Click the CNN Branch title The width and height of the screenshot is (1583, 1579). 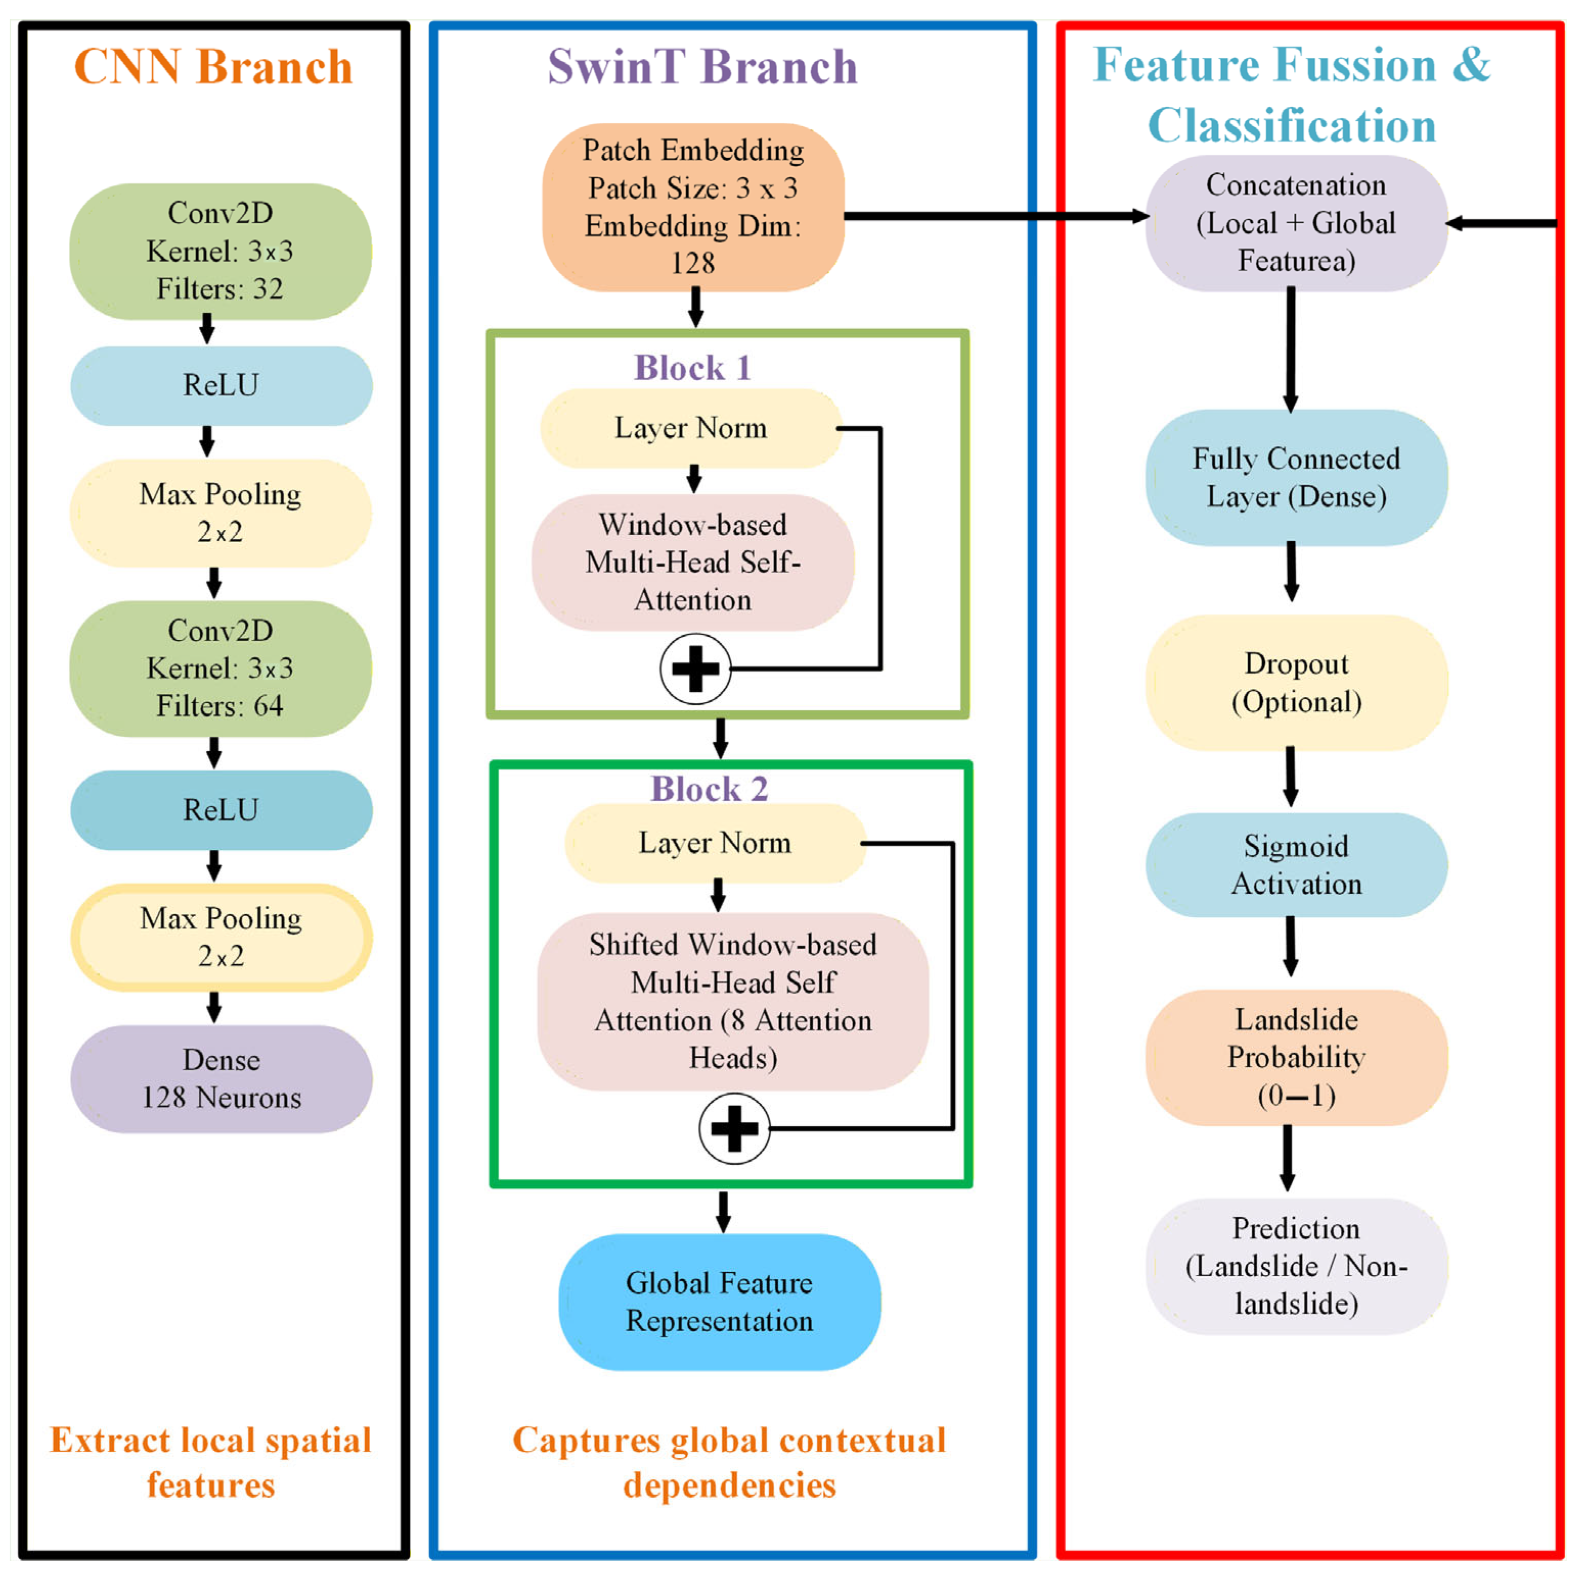point(213,66)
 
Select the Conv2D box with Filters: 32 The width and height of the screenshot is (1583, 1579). point(220,251)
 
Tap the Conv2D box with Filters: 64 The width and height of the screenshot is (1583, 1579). point(220,668)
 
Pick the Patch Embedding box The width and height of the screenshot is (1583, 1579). point(693,207)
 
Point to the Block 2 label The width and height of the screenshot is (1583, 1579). point(710,788)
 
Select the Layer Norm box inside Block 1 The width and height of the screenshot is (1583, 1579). point(691,428)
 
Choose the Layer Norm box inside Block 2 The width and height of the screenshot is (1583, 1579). point(715,843)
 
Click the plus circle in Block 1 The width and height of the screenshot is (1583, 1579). point(695,668)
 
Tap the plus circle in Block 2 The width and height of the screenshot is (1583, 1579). point(734,1128)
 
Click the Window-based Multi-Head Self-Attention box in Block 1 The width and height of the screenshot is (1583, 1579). point(693,562)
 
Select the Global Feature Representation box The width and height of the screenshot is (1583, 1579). point(719,1302)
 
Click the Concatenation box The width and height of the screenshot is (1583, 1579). point(1296,223)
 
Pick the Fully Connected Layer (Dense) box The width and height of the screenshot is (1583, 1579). point(1296,478)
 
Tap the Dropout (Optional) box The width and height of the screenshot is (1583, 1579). point(1296,683)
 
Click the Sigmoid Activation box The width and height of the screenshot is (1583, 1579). point(1296,865)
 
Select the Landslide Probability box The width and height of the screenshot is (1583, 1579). point(1296,1057)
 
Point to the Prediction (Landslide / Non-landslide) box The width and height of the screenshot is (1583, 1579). point(1296,1266)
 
